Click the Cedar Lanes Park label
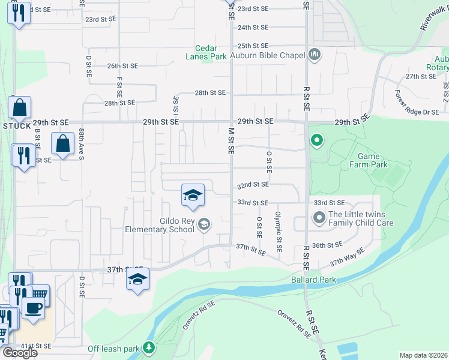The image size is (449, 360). coord(210,53)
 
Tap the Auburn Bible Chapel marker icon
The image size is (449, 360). coord(315,55)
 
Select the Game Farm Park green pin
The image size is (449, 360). coord(316,142)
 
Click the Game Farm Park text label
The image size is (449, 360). coord(369,160)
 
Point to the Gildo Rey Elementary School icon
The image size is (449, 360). coord(203,224)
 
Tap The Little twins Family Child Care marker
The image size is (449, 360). coord(318,217)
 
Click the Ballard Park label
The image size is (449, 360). coord(313,280)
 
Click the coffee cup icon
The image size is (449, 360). coord(32,308)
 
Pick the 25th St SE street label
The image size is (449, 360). coord(252,46)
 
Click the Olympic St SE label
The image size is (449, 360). coord(279,231)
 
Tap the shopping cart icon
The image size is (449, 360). coord(40,294)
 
